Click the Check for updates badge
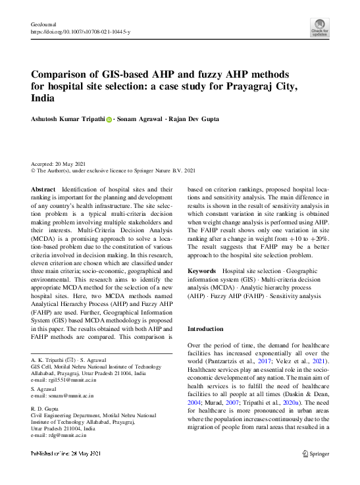[x=319, y=27]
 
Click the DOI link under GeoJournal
[x=80, y=32]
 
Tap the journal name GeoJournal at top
[x=43, y=24]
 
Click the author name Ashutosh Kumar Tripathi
[x=68, y=120]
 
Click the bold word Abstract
[x=43, y=189]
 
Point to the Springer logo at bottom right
[x=316, y=453]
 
